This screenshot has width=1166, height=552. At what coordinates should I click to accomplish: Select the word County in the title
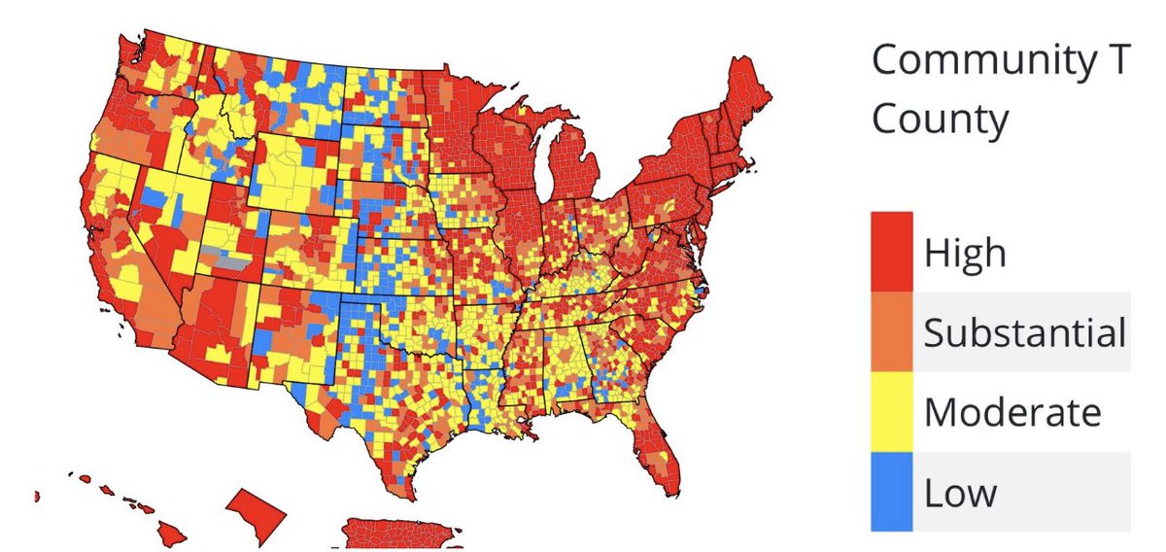pyautogui.click(x=939, y=121)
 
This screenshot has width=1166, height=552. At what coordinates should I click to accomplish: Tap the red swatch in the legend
pyautogui.click(x=891, y=251)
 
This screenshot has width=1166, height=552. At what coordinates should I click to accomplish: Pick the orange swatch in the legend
pyautogui.click(x=891, y=331)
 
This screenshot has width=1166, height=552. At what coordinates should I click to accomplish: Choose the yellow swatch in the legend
pyautogui.click(x=891, y=411)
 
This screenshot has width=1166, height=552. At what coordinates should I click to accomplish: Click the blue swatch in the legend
pyautogui.click(x=891, y=491)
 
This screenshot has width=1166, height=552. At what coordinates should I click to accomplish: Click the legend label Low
pyautogui.click(x=960, y=493)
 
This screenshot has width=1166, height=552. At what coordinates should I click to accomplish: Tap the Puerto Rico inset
pyautogui.click(x=389, y=534)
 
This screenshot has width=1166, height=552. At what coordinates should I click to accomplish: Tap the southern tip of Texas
pyautogui.click(x=404, y=486)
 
